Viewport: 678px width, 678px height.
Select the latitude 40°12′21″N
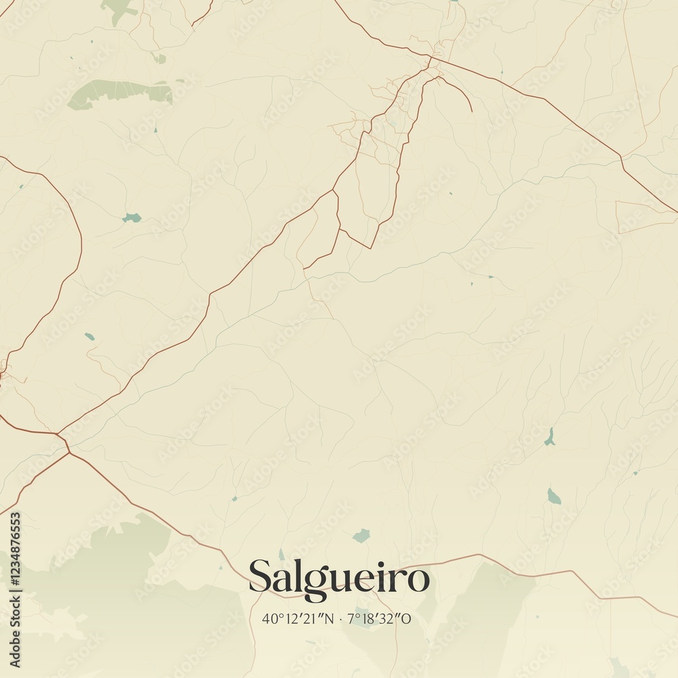(298, 619)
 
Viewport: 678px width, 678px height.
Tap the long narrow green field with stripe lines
(121, 92)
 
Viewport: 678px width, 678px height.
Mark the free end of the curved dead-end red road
(472, 111)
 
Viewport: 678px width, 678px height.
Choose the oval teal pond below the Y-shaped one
(554, 496)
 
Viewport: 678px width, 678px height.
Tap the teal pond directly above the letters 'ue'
(361, 536)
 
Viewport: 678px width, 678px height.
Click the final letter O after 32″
(407, 619)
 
